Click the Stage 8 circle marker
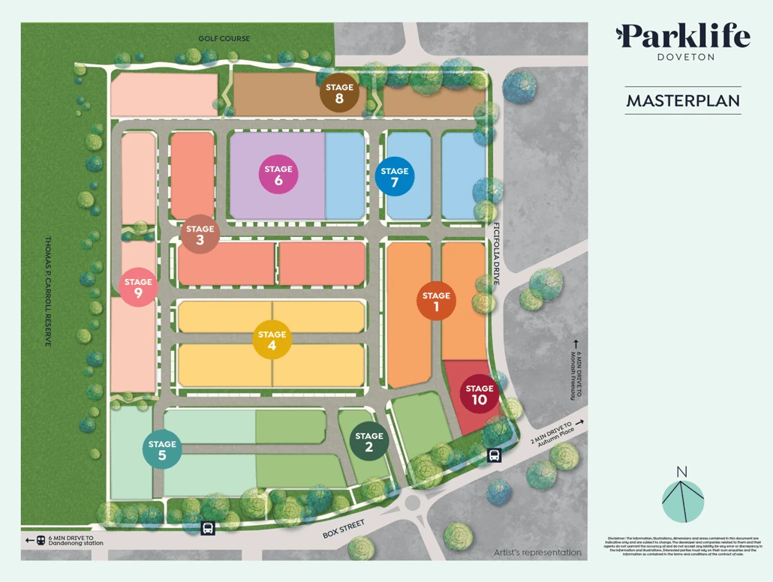pyautogui.click(x=339, y=93)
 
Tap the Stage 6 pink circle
pyautogui.click(x=278, y=175)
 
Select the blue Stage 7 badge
pyautogui.click(x=394, y=176)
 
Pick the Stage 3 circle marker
pyautogui.click(x=200, y=235)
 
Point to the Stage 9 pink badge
pyautogui.click(x=138, y=287)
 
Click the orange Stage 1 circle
pyautogui.click(x=436, y=301)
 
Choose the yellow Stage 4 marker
pyautogui.click(x=272, y=340)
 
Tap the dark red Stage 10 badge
pyautogui.click(x=479, y=394)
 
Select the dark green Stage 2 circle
pyautogui.click(x=368, y=441)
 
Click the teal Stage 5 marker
pyautogui.click(x=162, y=449)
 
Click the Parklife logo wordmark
pyautogui.click(x=682, y=37)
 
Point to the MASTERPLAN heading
pyautogui.click(x=683, y=100)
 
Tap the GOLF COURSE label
pyautogui.click(x=224, y=39)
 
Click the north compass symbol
pyautogui.click(x=682, y=496)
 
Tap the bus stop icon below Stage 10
pyautogui.click(x=495, y=455)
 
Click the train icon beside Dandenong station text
pyautogui.click(x=40, y=540)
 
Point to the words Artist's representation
pyautogui.click(x=537, y=553)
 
